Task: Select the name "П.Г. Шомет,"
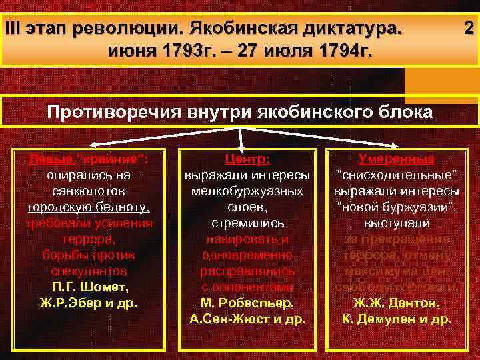[89, 287]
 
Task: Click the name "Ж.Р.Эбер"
[73, 303]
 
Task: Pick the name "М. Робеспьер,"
[247, 303]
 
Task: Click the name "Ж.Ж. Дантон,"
[396, 303]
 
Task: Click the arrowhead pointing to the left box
[93, 144]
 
